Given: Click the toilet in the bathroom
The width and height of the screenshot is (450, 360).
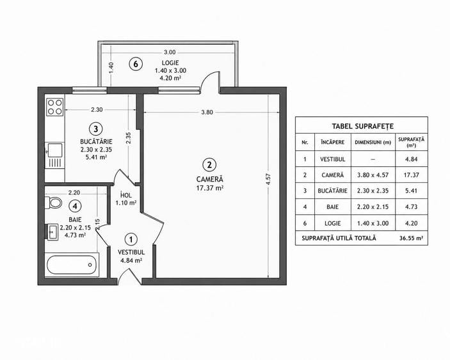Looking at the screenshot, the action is point(54,203).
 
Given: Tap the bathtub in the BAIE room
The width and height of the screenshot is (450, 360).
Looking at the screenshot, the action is point(72,265).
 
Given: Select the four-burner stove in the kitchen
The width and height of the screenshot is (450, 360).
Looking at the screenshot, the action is point(55,107).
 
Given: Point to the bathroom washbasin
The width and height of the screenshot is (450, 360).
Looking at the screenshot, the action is point(53,232).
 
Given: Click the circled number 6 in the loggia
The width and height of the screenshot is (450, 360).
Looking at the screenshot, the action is point(136,64).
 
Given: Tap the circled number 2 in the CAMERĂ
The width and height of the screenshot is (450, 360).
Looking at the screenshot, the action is point(209,164).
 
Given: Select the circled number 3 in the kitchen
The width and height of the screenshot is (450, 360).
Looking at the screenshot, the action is point(95,129).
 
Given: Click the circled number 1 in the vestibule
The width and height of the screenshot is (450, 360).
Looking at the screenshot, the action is point(131,239).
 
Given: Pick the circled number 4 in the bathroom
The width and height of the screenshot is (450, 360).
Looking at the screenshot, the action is point(75,206).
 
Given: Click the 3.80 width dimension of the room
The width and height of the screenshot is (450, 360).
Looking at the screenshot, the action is point(207,113).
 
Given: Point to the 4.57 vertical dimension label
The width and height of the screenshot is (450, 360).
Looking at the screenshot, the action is point(268,179).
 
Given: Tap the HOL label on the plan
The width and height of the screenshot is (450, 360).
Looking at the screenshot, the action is point(126,195).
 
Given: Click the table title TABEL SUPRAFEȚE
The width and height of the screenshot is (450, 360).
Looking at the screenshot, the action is point(363,126).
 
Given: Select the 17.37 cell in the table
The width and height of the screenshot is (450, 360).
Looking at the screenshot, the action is point(411,175).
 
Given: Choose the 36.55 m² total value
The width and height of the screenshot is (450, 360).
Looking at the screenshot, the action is point(411,238).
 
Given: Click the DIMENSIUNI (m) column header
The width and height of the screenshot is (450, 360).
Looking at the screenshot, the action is point(373,142).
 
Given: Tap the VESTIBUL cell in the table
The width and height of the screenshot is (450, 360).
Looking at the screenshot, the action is point(333,159).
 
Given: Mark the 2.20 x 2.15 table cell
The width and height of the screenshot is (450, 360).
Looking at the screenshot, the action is point(373,207).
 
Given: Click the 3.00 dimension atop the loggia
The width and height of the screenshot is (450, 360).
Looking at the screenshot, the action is point(170,52).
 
